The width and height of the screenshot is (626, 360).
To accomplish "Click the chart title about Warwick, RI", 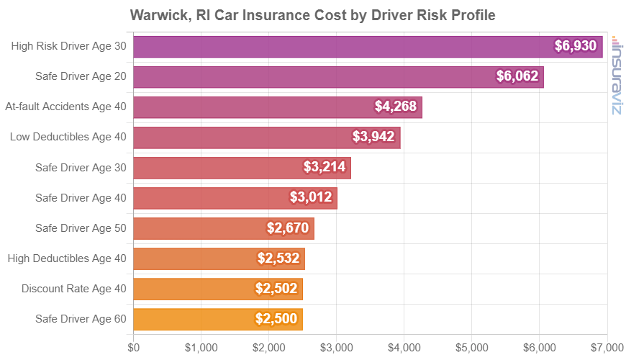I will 313,14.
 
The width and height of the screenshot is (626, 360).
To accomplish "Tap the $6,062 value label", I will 517,76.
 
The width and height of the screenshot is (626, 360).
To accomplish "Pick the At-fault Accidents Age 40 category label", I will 65,107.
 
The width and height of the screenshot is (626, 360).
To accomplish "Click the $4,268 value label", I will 396,107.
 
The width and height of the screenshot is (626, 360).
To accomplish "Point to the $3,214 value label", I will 325,168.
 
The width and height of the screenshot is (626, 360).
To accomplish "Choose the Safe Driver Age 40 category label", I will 81,197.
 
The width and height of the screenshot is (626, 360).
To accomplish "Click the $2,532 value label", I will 278,258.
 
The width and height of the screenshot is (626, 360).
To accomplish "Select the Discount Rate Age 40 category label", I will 74,289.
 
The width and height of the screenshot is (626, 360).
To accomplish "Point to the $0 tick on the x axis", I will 134,346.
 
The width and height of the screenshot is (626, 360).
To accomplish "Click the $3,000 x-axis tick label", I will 337,346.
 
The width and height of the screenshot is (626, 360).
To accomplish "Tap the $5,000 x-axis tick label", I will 472,346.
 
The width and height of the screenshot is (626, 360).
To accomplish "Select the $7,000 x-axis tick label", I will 607,346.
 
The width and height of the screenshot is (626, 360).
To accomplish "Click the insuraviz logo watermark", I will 617,75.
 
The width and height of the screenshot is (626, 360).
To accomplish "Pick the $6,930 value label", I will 576,46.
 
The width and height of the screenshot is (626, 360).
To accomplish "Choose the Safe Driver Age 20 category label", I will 81,76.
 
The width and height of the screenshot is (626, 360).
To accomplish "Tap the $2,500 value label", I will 276,319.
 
